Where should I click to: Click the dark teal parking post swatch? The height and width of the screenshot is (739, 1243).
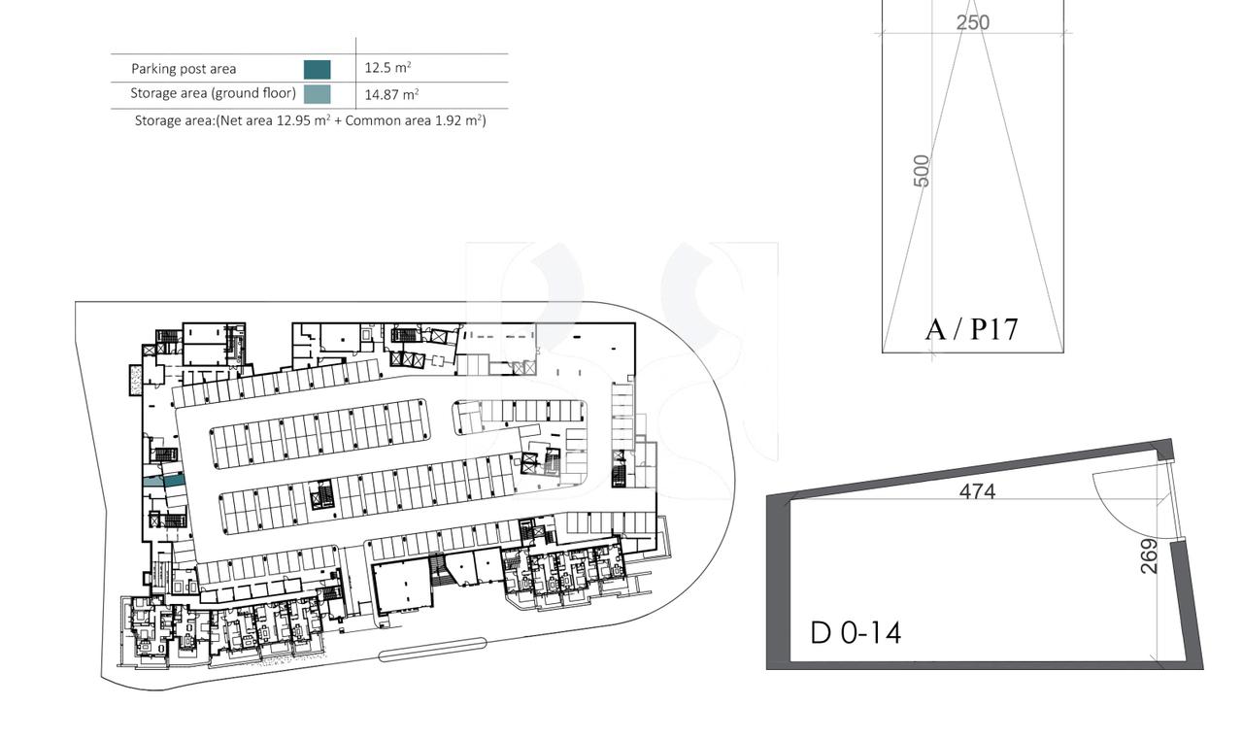tap(317, 69)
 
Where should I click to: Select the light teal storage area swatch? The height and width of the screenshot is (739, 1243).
tap(317, 94)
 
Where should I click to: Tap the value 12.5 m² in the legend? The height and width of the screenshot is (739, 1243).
tap(387, 68)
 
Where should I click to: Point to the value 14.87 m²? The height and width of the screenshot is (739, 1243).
tap(391, 94)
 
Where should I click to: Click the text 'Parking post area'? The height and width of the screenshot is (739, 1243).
tap(184, 69)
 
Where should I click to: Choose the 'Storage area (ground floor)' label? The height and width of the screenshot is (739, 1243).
tap(213, 94)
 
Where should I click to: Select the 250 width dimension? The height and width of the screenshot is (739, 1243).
tap(972, 22)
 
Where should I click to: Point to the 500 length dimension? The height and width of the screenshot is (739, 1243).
tap(922, 171)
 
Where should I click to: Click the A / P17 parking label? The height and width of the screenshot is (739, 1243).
tap(972, 329)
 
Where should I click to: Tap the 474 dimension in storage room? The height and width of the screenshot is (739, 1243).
tap(977, 491)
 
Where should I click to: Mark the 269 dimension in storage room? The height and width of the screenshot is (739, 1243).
tap(1149, 556)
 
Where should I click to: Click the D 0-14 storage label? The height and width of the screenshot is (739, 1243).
tap(856, 633)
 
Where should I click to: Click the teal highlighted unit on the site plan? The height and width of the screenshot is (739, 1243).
tap(163, 481)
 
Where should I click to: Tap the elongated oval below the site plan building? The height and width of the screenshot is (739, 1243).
tap(431, 650)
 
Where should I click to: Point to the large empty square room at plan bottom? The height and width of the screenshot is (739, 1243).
tap(402, 587)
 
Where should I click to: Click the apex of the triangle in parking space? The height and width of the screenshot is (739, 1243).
tap(972, 8)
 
